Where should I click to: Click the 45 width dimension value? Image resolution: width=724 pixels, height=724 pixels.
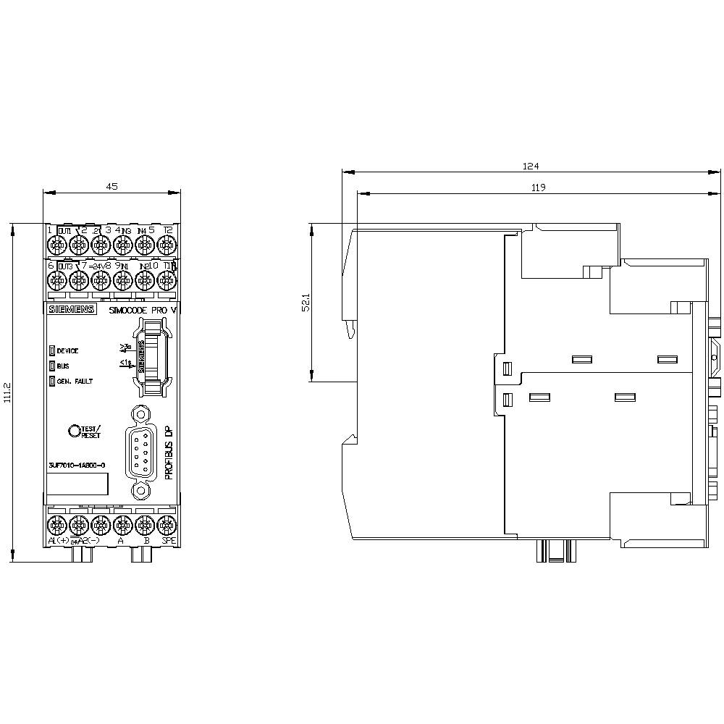[x=112, y=186]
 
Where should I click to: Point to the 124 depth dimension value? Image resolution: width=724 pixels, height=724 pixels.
[x=531, y=166]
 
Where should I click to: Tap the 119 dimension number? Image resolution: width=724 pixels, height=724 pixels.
[x=537, y=188]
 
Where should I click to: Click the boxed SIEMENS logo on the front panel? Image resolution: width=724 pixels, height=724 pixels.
[x=71, y=310]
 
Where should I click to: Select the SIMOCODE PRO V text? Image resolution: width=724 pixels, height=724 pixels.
[x=143, y=310]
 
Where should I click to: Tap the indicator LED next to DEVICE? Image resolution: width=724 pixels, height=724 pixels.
[x=51, y=350]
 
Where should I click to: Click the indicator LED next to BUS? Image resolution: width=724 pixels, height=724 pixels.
[x=51, y=366]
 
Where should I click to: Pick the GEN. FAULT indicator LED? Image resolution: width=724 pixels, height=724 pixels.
[x=51, y=381]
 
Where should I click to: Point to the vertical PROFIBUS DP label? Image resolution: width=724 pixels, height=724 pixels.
[x=169, y=452]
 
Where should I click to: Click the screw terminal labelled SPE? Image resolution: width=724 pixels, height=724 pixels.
[x=168, y=524]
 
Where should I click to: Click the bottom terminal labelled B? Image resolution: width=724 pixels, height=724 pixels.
[x=145, y=524]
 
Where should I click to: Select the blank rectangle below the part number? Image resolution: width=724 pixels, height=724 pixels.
[x=77, y=484]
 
